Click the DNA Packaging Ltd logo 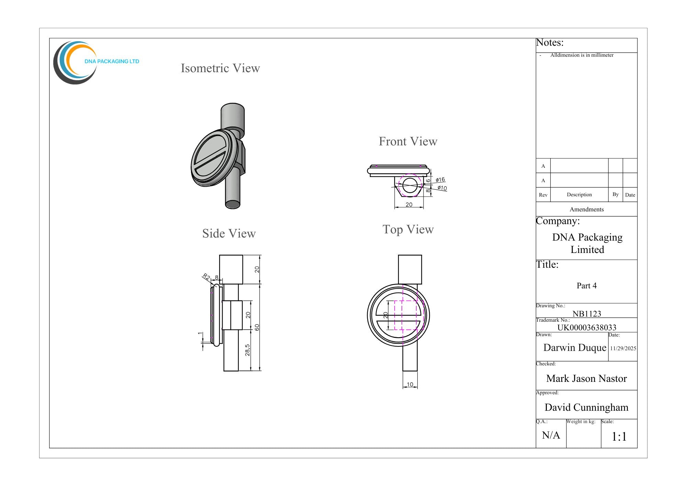96,63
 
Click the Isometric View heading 220,68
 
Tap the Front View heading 408,141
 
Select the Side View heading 229,233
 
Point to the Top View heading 408,229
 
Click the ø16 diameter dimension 440,180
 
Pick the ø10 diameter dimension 442,188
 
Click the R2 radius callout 206,277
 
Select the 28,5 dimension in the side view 247,350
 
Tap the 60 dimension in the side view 257,327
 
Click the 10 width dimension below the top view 410,385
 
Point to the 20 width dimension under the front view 409,205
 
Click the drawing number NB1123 587,313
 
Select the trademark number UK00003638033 587,327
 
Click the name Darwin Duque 575,347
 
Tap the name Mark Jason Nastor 586,378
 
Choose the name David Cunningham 586,407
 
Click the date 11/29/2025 623,348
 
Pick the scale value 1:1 619,437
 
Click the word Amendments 586,209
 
